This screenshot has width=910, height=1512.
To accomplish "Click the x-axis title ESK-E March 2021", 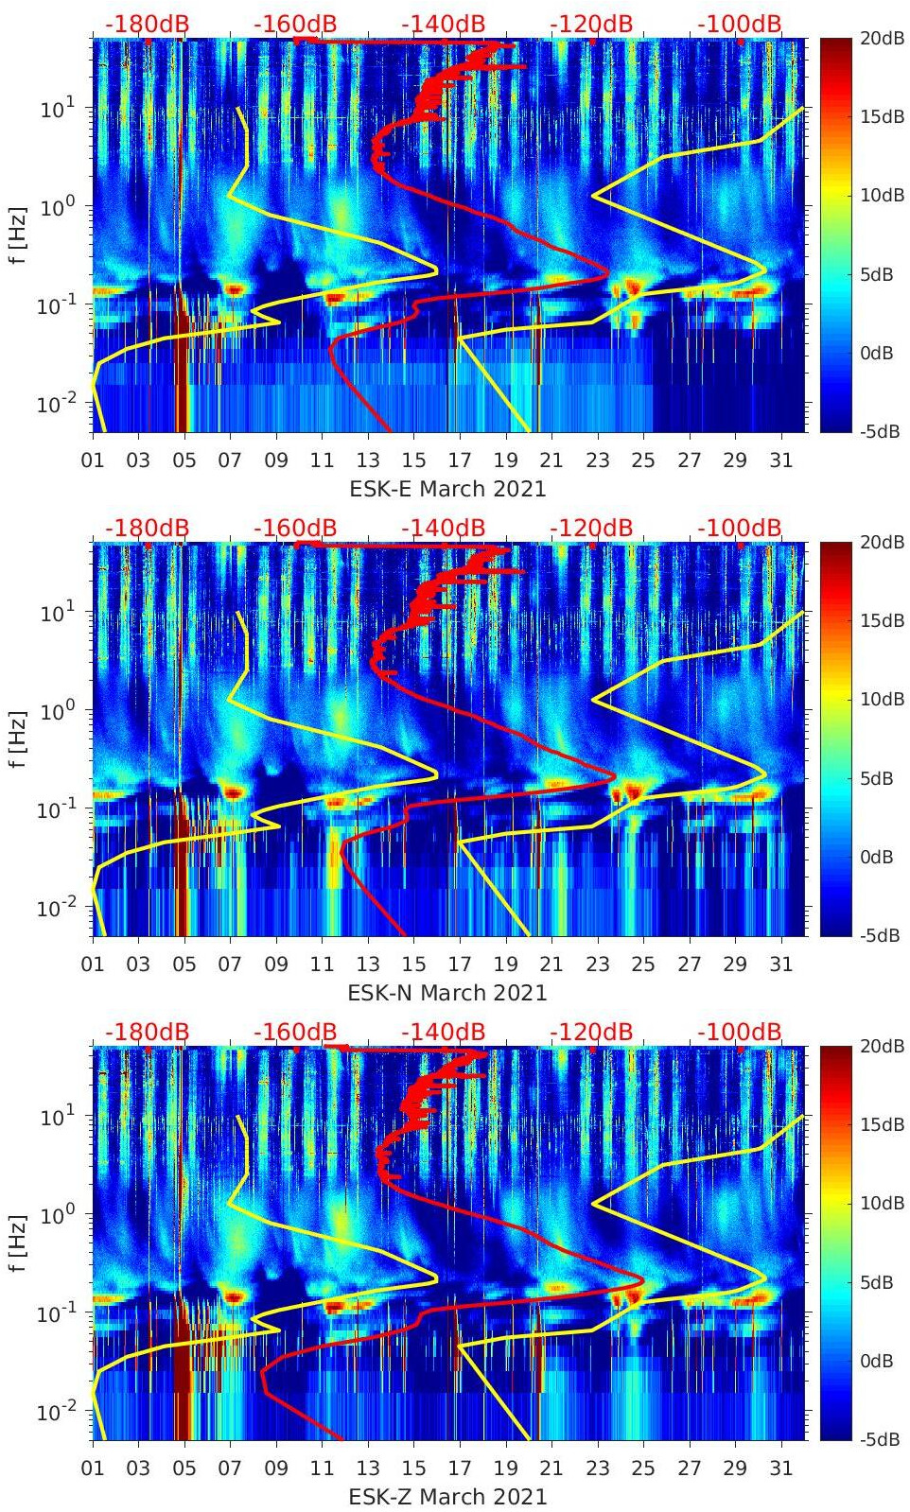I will click(x=447, y=489).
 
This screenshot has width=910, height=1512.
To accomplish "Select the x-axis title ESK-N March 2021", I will click(x=447, y=993).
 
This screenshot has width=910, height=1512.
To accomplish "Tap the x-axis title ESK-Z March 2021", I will click(x=447, y=1497).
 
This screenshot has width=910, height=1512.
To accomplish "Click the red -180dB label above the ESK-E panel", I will click(x=147, y=24).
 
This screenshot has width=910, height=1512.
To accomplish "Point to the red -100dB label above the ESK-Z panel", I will click(x=740, y=1032).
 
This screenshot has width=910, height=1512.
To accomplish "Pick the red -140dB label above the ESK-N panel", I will click(x=443, y=528).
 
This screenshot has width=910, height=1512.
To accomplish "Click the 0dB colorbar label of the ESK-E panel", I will click(x=876, y=353).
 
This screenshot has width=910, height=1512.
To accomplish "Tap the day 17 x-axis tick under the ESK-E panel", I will click(x=460, y=461).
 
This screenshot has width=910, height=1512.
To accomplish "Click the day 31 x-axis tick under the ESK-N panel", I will click(x=780, y=965).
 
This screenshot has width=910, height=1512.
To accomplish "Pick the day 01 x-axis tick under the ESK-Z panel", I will click(x=93, y=1469).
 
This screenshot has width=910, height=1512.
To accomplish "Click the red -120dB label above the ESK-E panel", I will click(x=591, y=24).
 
